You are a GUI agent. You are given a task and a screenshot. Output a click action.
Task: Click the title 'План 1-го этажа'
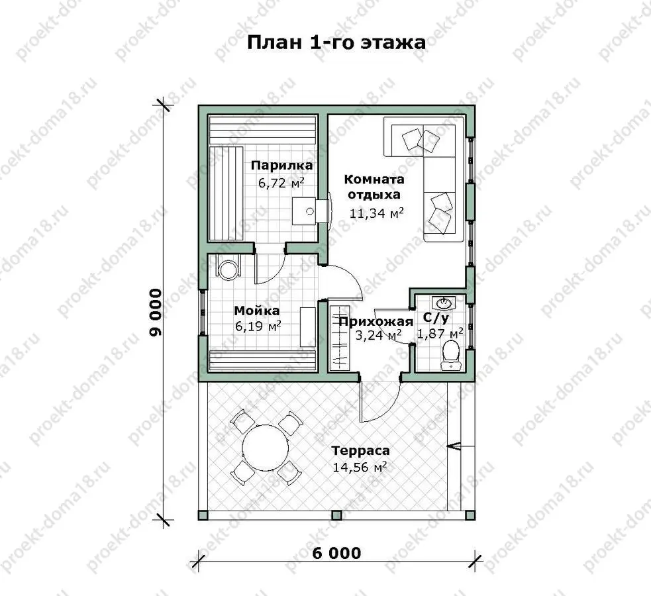336,42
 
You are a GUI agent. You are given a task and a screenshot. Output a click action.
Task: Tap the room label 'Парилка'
281,166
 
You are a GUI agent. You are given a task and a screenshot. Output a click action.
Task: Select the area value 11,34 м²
377,213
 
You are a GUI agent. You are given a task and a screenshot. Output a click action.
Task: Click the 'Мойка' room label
257,311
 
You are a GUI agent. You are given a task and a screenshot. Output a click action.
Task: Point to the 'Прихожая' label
376,322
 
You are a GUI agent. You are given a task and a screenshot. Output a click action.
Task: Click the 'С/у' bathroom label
436,319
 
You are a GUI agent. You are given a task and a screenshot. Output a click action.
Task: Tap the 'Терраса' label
361,450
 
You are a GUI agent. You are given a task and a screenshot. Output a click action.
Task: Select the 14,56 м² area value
360,467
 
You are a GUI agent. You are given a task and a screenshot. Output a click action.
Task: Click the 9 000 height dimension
156,313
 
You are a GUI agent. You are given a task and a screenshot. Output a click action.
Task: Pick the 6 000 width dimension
336,553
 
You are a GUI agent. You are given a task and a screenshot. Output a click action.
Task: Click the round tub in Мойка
228,270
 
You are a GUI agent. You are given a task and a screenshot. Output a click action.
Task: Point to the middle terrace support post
336,515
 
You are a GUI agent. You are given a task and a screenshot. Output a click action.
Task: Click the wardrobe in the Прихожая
340,338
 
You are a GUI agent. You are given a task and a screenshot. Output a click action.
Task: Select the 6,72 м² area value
281,183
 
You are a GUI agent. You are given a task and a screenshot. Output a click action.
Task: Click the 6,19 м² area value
258,326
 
